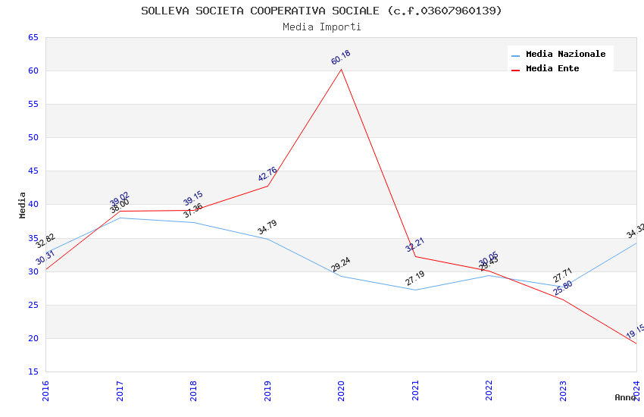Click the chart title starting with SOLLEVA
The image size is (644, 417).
pyautogui.click(x=321, y=11)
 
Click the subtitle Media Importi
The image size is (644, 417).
pyautogui.click(x=321, y=27)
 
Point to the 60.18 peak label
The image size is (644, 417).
pyautogui.click(x=341, y=58)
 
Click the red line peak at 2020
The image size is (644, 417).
pyautogui.click(x=341, y=70)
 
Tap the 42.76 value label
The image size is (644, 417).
pyautogui.click(x=267, y=174)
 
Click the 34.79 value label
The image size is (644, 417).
pyautogui.click(x=267, y=227)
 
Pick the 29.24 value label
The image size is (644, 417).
pyautogui.click(x=341, y=264)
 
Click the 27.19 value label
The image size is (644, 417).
pyautogui.click(x=414, y=278)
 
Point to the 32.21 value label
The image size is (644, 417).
pyautogui.click(x=414, y=245)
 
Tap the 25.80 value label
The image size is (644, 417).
pyautogui.click(x=562, y=288)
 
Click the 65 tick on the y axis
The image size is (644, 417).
pyautogui.click(x=33, y=37)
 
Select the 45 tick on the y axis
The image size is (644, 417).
pyautogui.click(x=33, y=171)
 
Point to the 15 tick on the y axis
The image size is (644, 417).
pyautogui.click(x=33, y=372)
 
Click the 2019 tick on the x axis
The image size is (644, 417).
pyautogui.click(x=268, y=390)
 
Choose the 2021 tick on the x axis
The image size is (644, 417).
pyautogui.click(x=416, y=390)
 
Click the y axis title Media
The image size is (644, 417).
pyautogui.click(x=23, y=205)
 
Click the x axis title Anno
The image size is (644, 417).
pyautogui.click(x=625, y=397)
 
